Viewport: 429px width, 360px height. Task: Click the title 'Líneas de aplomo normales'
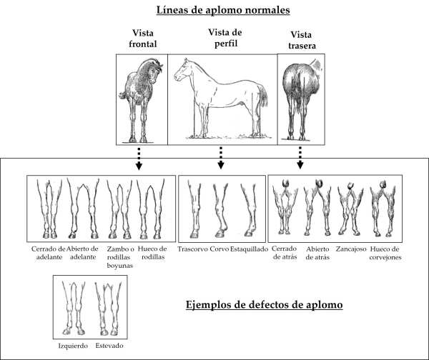click(x=223, y=11)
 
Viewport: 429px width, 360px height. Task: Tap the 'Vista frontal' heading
click(x=143, y=39)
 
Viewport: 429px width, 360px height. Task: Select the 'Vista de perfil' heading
click(x=225, y=38)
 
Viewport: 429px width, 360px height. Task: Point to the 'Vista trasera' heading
click(x=302, y=40)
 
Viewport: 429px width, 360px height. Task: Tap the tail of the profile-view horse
click(x=263, y=95)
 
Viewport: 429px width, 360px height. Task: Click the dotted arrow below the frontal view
click(x=139, y=159)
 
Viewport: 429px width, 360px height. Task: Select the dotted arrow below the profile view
click(x=221, y=158)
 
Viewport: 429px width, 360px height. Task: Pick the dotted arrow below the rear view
click(x=300, y=158)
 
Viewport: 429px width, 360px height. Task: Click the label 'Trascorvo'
click(x=192, y=249)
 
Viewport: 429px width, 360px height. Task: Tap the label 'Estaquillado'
click(x=249, y=249)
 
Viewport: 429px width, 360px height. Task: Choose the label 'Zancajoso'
click(x=351, y=249)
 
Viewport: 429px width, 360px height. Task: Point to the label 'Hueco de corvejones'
click(x=385, y=253)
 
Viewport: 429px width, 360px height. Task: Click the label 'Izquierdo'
click(x=73, y=346)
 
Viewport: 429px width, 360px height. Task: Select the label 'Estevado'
click(x=109, y=346)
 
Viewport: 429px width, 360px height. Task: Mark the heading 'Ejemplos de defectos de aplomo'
click(x=265, y=305)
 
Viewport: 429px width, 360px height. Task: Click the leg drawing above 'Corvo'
click(x=221, y=210)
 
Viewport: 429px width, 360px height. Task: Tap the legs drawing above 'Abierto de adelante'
click(x=83, y=209)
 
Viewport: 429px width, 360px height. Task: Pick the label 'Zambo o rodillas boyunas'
click(x=120, y=257)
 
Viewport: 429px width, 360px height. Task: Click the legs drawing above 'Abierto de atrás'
click(x=317, y=208)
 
